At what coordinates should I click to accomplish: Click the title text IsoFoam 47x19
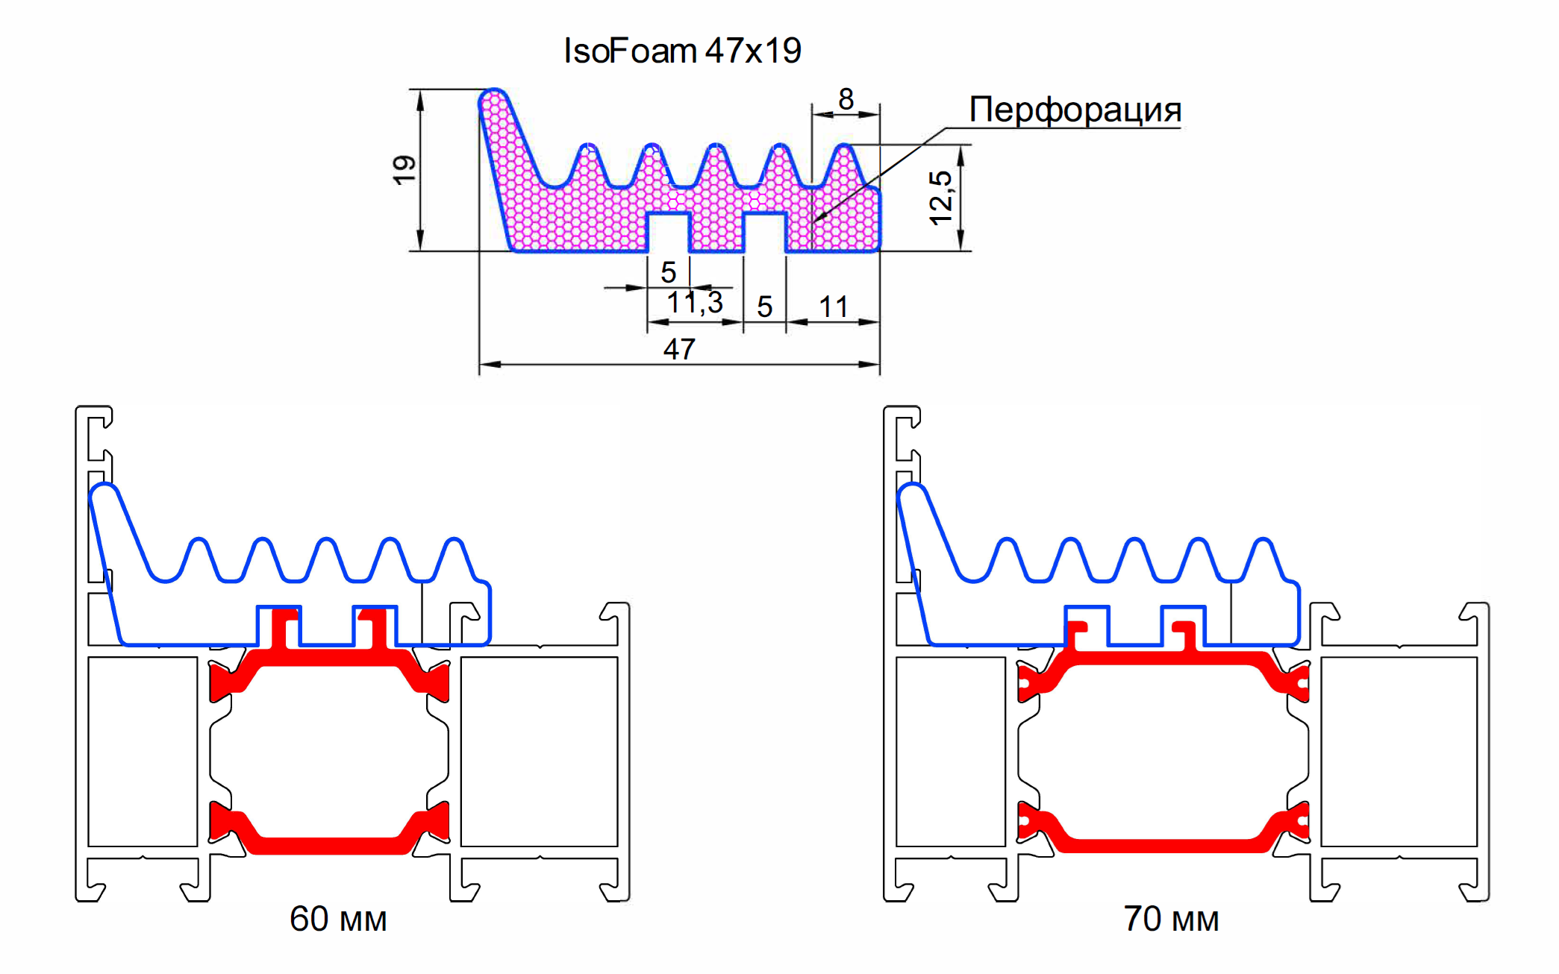(681, 51)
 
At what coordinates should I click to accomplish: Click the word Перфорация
(1075, 110)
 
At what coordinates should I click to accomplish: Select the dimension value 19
(404, 170)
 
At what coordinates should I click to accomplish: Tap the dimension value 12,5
(940, 198)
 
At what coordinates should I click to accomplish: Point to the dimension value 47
(679, 349)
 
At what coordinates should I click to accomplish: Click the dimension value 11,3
(695, 303)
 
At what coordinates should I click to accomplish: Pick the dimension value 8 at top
(846, 99)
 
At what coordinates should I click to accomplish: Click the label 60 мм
(338, 919)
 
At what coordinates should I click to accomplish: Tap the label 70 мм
(1171, 919)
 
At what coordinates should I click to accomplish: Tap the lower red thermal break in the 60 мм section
(328, 845)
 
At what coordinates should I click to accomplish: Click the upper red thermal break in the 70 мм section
(1164, 658)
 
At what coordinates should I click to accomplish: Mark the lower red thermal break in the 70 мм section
(1164, 845)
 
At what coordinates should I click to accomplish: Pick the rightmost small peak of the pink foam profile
(844, 160)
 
